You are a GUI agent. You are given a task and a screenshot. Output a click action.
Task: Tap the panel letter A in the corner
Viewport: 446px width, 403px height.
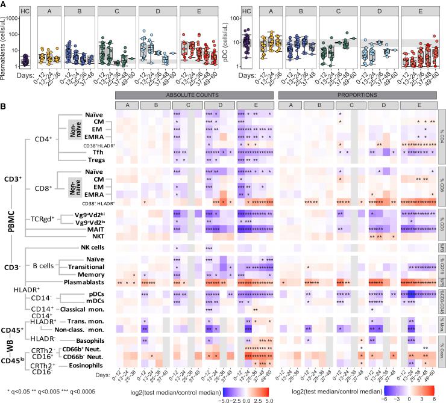[4, 4]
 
